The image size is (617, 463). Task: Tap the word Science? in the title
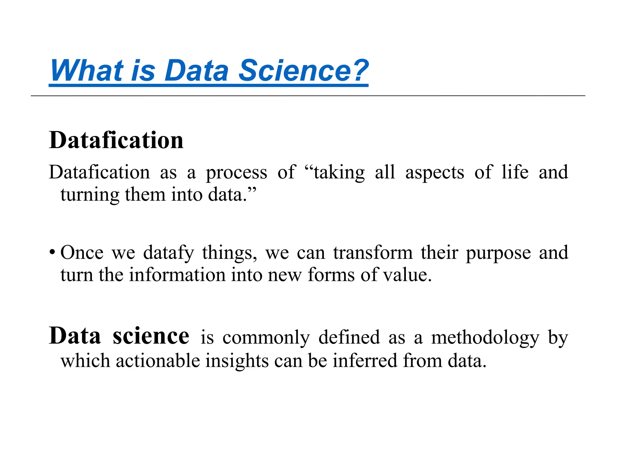303,71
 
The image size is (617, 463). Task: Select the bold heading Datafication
116,140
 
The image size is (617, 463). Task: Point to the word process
236,173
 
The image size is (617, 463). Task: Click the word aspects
434,173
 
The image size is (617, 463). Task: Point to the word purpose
498,253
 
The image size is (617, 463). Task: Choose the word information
177,275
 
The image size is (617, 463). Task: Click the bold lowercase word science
151,336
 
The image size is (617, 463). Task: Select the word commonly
266,338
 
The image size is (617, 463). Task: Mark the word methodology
485,338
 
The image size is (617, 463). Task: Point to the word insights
237,361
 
